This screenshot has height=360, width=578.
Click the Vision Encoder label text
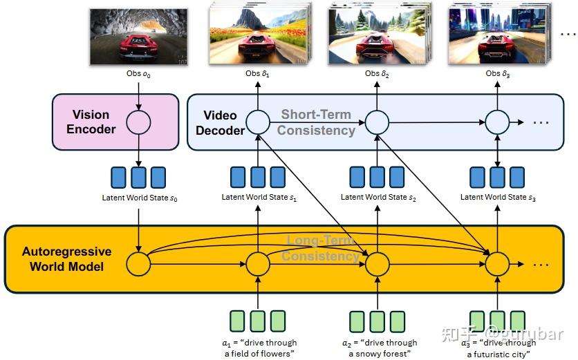[x=91, y=122]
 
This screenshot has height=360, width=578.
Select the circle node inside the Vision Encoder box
[x=139, y=122]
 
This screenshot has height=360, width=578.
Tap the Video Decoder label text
[x=220, y=122]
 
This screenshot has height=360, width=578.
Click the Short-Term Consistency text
[x=316, y=122]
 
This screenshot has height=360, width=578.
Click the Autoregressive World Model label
[x=66, y=258]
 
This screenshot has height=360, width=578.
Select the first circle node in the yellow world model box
[x=138, y=264]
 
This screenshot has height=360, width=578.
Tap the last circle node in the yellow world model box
[x=496, y=263]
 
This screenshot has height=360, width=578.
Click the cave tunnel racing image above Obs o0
[x=138, y=37]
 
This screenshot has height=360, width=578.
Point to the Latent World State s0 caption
[x=140, y=198]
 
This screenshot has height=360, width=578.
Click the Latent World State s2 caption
[x=378, y=198]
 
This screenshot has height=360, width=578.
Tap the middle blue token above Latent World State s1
[x=259, y=178]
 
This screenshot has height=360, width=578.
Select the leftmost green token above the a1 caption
[x=238, y=321]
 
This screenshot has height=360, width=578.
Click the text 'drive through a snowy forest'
[x=380, y=348]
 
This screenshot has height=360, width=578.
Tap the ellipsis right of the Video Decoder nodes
[x=541, y=123]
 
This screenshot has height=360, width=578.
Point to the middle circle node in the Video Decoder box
[x=377, y=123]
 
